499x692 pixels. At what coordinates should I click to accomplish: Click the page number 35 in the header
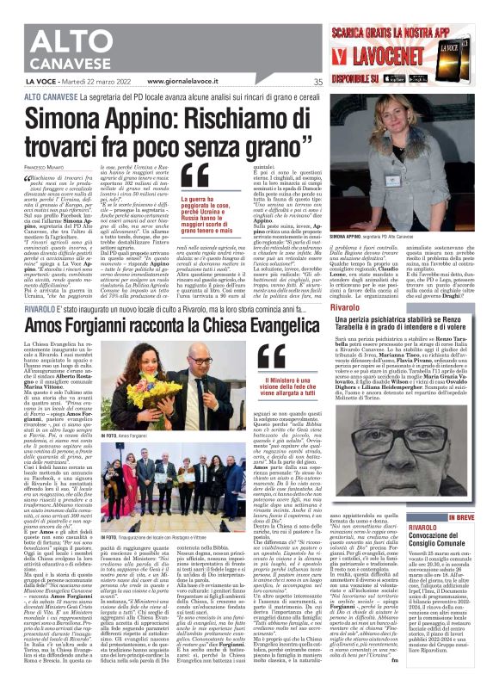317,82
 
